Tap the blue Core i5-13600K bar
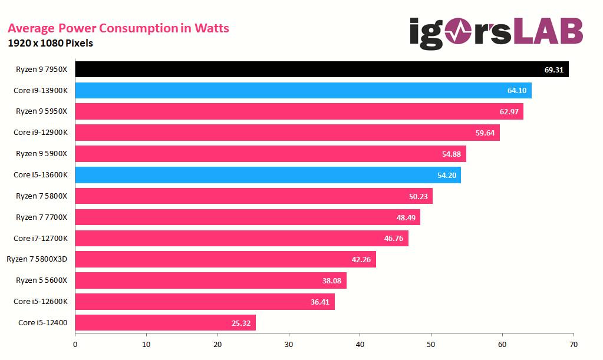pyautogui.click(x=265, y=175)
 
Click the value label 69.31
pyautogui.click(x=553, y=70)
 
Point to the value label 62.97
pyautogui.click(x=509, y=111)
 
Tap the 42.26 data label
pyautogui.click(x=361, y=259)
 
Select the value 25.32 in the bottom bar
pyautogui.click(x=240, y=323)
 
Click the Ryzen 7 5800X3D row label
pyautogui.click(x=37, y=259)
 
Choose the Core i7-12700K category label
pyautogui.click(x=41, y=238)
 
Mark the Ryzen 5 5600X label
pyautogui.click(x=42, y=280)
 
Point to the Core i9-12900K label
pyautogui.click(x=41, y=133)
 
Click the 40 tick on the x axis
pyautogui.click(x=360, y=344)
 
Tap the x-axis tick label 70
pyautogui.click(x=574, y=344)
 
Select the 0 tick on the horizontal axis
pyautogui.click(x=75, y=344)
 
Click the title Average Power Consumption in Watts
pyautogui.click(x=118, y=28)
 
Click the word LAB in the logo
pyautogui.click(x=548, y=32)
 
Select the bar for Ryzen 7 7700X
pyautogui.click(x=248, y=217)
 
